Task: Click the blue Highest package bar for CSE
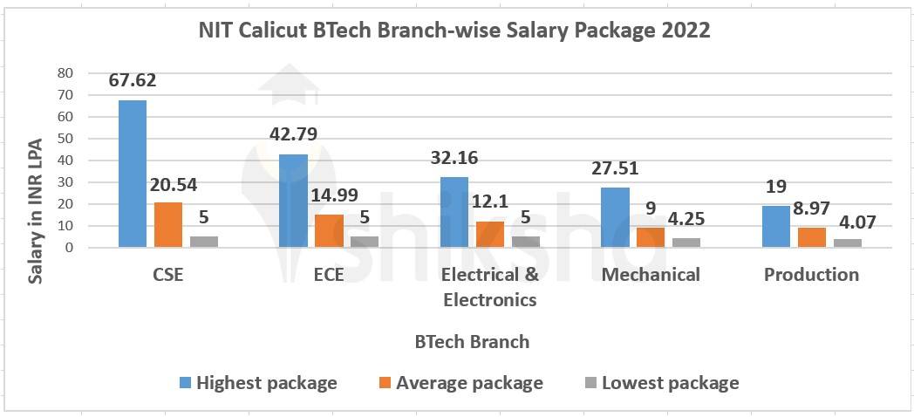point(133,174)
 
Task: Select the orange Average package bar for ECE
point(329,231)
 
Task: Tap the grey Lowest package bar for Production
point(847,243)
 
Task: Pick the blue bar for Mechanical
point(615,217)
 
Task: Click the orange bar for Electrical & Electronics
point(489,234)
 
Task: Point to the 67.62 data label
point(133,80)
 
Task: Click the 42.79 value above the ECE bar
point(293,134)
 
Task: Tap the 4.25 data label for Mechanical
point(686,219)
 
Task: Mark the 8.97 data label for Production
point(811,208)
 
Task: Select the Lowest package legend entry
point(661,383)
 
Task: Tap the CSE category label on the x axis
point(167,275)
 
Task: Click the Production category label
point(811,275)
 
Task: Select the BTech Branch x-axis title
point(472,342)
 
